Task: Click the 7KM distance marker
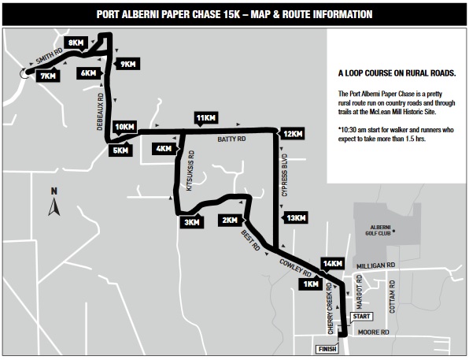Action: (x=48, y=76)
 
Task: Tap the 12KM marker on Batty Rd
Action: (x=293, y=134)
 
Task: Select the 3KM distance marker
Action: (x=192, y=221)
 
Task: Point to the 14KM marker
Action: (x=332, y=264)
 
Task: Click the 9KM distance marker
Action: (x=127, y=64)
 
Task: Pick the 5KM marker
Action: (x=120, y=150)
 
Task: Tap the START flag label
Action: (x=361, y=317)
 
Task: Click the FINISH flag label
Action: (x=327, y=349)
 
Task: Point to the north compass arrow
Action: (x=54, y=207)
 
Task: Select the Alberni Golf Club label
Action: (x=378, y=230)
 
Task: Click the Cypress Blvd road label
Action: (x=284, y=175)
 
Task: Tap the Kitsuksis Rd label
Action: (x=190, y=171)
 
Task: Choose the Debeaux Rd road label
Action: (x=100, y=111)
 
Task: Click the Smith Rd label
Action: (x=50, y=56)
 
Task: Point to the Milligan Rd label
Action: (x=375, y=265)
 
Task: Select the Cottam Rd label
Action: (x=392, y=296)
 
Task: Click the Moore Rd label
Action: (x=373, y=332)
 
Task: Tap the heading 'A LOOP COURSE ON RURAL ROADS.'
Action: (x=397, y=73)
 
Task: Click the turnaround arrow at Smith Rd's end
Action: (x=23, y=73)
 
